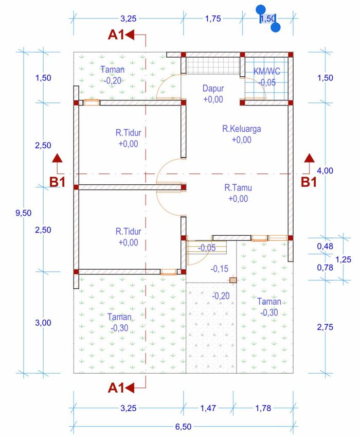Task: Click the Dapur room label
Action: (x=213, y=89)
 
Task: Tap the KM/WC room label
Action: (x=267, y=72)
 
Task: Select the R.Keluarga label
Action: (x=242, y=129)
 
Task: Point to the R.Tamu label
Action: (x=238, y=187)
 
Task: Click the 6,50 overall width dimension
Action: (x=183, y=427)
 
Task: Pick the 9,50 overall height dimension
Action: (x=23, y=213)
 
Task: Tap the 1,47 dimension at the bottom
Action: (x=208, y=408)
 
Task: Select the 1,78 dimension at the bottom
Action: (x=263, y=408)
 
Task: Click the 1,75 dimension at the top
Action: (x=213, y=19)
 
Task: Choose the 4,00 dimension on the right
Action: (x=325, y=170)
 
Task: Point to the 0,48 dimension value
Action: (x=325, y=246)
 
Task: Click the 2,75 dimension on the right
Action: (x=325, y=327)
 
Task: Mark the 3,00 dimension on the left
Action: (x=43, y=323)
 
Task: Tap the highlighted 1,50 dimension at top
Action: (x=268, y=19)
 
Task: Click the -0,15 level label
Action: (x=220, y=269)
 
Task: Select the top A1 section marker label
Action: (x=116, y=35)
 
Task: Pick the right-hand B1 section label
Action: (x=309, y=182)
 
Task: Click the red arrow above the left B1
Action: (x=57, y=158)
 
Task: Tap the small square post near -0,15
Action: (x=233, y=280)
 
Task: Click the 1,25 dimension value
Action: (x=344, y=260)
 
